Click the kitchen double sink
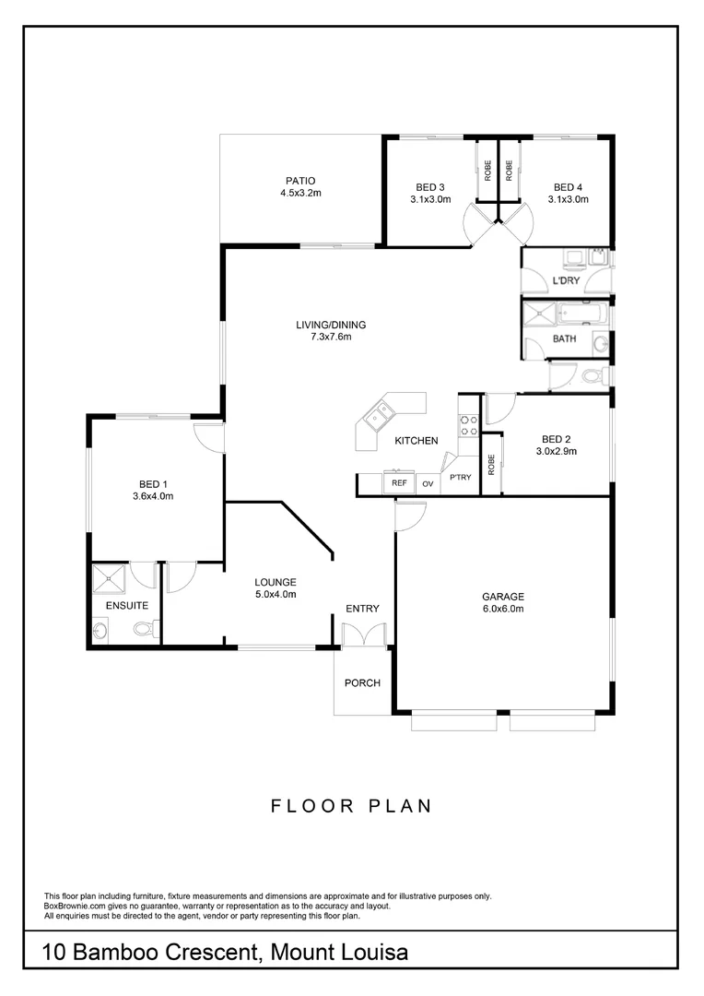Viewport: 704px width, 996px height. [x=377, y=420]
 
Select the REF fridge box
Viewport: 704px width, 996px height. [x=399, y=482]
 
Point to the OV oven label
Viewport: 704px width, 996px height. [x=428, y=483]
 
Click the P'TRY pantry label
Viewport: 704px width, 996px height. [x=460, y=477]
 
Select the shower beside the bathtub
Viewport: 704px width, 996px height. [x=536, y=316]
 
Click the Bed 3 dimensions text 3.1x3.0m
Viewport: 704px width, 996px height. [x=430, y=198]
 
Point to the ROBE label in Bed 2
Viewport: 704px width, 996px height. [x=492, y=465]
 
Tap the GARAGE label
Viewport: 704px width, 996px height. [x=502, y=597]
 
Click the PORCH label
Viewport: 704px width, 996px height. [x=362, y=683]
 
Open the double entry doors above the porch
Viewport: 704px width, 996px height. [x=364, y=636]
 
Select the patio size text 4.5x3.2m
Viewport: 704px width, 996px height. [x=300, y=194]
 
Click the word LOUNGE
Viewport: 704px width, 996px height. [x=276, y=582]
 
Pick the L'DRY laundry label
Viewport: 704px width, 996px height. [x=566, y=280]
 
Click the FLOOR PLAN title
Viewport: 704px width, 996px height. [x=351, y=806]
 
